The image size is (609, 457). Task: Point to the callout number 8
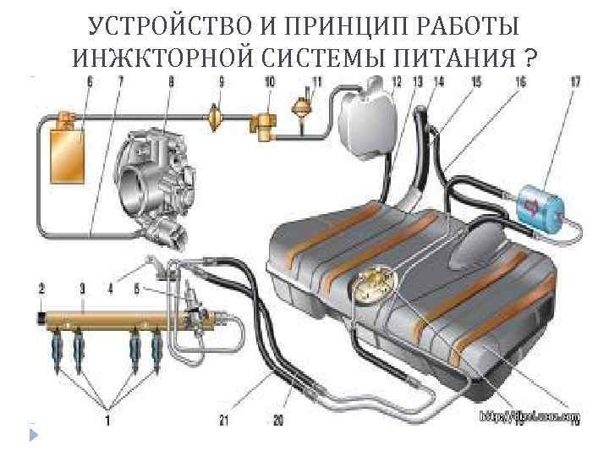coord(172,81)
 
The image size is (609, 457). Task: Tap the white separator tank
coord(367,120)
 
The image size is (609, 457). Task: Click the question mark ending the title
coord(529,58)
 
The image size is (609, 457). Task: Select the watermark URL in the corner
coord(529,416)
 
